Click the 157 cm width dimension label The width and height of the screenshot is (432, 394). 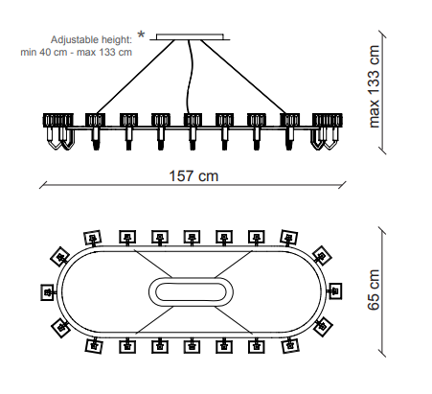193,176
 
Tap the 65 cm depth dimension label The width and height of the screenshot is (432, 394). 374,290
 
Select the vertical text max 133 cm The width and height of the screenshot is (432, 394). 374,86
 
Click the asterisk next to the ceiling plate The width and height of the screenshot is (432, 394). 141,35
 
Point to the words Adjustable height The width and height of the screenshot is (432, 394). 91,40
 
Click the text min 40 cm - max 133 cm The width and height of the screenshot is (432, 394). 76,52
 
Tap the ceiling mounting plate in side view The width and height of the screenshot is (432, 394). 190,36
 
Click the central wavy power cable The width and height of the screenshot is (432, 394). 191,77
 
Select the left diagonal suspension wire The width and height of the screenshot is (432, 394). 135,77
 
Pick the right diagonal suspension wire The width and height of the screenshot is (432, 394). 244,77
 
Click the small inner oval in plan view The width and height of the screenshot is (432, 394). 191,291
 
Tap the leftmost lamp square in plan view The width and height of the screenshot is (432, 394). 48,292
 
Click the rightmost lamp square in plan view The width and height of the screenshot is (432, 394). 334,291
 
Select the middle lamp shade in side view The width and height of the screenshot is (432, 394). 193,120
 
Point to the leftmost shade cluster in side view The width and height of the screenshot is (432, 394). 58,120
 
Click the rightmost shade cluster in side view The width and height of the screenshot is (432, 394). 328,120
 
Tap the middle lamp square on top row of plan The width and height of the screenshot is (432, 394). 192,238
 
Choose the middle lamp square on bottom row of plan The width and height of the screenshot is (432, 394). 192,346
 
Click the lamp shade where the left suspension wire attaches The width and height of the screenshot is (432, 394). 95,120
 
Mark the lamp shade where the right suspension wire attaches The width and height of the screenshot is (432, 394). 289,120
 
